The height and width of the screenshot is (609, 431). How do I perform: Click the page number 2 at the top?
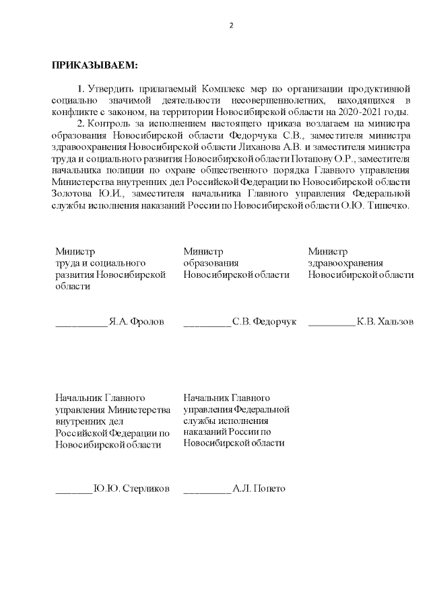230,26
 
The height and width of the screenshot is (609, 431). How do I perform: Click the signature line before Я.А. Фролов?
81,325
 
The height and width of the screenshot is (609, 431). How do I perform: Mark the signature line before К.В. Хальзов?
332,325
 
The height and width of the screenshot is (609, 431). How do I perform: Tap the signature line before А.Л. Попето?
207,491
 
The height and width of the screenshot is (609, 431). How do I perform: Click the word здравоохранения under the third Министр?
345,263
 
